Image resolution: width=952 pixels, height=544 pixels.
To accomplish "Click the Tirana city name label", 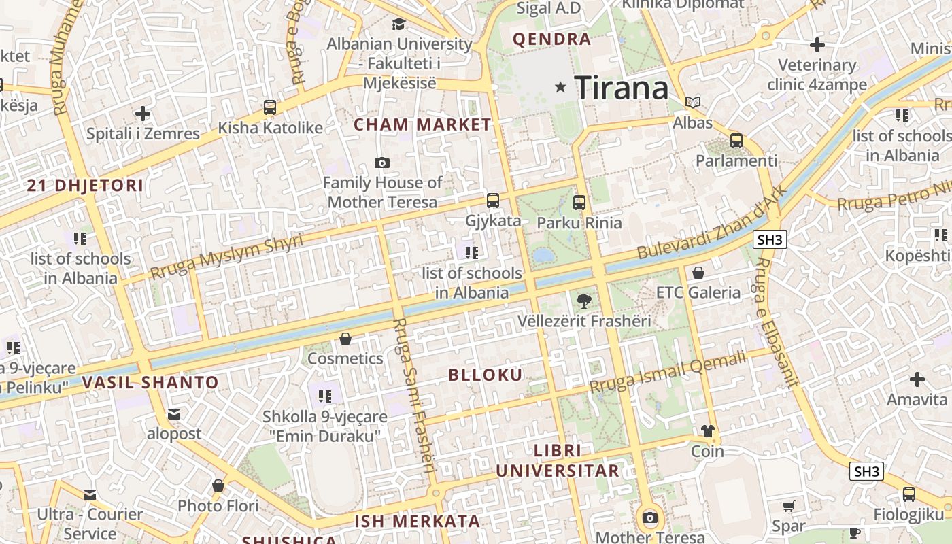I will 622,88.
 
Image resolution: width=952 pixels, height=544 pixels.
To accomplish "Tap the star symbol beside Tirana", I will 561,87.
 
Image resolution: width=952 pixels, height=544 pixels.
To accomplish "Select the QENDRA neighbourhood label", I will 551,39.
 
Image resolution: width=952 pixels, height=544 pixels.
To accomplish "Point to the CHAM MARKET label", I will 422,124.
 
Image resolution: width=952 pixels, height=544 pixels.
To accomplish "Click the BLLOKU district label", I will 486,375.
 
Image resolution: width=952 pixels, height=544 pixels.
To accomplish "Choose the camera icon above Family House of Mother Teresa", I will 382,163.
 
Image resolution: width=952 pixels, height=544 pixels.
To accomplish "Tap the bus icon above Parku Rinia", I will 579,202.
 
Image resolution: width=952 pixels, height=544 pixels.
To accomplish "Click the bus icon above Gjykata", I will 493,201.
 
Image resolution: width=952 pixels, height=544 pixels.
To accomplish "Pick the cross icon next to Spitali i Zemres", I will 143,114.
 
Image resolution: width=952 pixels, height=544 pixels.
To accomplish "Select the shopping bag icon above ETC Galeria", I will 698,273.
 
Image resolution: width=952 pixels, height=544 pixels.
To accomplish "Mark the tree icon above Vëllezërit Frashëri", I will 583,301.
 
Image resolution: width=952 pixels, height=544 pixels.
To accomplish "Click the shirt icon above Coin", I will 707,431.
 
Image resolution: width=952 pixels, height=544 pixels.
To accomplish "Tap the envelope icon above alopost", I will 174,413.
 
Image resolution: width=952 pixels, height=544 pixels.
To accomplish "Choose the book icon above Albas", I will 693,103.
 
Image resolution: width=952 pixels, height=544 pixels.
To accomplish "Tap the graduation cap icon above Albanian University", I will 398,24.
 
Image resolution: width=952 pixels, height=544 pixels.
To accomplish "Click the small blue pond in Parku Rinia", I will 543,256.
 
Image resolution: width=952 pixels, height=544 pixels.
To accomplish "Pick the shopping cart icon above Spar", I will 789,507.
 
